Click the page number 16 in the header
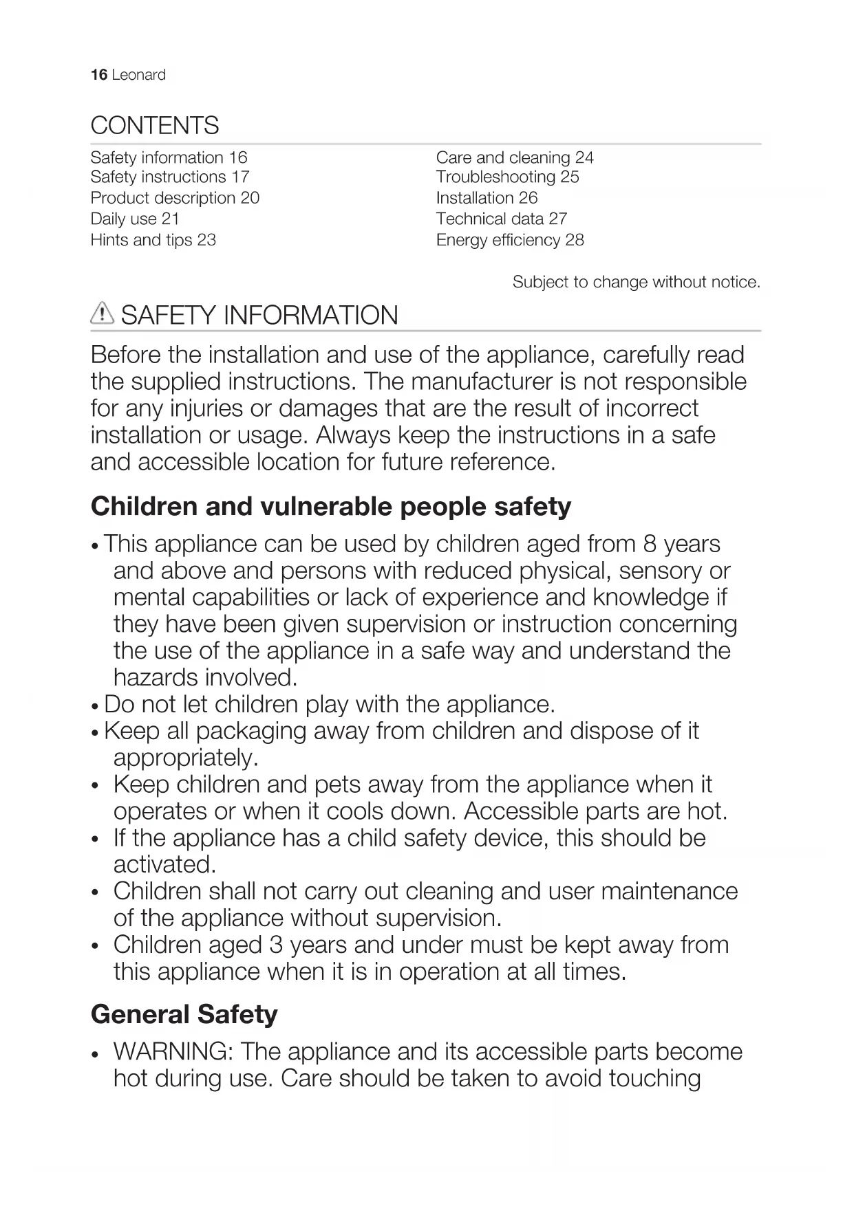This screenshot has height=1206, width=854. pyautogui.click(x=98, y=75)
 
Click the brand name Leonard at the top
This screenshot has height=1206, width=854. pyautogui.click(x=138, y=75)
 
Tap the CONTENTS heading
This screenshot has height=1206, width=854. pyautogui.click(x=155, y=126)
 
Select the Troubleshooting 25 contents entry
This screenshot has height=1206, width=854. pyautogui.click(x=507, y=177)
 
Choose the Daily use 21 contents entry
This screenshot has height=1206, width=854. pyautogui.click(x=135, y=219)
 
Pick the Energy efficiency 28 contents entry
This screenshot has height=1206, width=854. pyautogui.click(x=510, y=240)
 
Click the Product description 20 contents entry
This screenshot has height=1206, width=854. pyautogui.click(x=175, y=198)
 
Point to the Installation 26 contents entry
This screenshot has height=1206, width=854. pyautogui.click(x=487, y=198)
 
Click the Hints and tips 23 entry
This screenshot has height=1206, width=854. pyautogui.click(x=153, y=240)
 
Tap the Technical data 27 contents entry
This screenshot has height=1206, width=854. pyautogui.click(x=501, y=219)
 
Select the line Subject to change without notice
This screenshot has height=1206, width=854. pyautogui.click(x=636, y=282)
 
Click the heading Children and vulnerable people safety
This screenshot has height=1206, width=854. pyautogui.click(x=331, y=507)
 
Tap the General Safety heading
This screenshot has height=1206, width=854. pyautogui.click(x=184, y=1014)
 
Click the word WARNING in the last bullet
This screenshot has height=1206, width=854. pyautogui.click(x=174, y=1051)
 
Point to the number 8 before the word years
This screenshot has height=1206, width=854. pyautogui.click(x=650, y=544)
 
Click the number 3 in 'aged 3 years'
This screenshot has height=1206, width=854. pyautogui.click(x=276, y=945)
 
